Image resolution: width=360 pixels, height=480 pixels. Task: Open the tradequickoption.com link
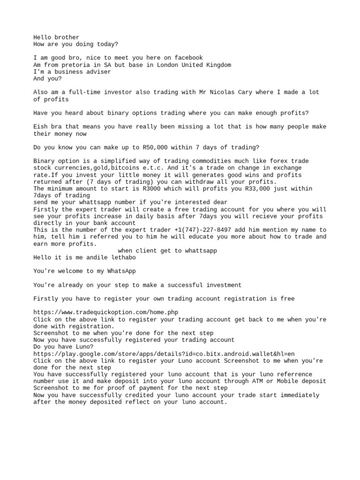click(x=106, y=312)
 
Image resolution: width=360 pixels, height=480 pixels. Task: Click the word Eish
click(x=40, y=127)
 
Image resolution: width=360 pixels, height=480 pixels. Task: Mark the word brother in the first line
click(x=67, y=37)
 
